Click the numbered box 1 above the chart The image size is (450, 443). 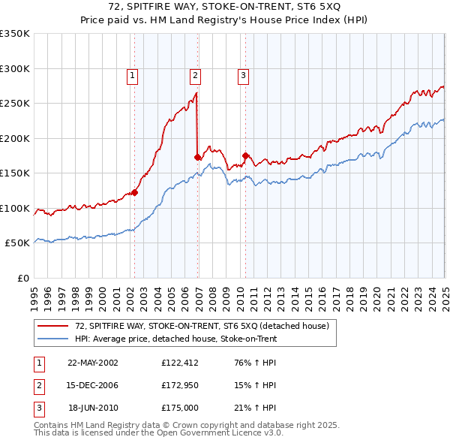click(x=132, y=74)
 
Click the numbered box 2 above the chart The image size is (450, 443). click(x=194, y=74)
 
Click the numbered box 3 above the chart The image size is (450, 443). click(x=244, y=74)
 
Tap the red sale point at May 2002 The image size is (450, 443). click(x=135, y=192)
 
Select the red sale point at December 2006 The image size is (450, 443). click(x=198, y=157)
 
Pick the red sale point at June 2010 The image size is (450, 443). click(x=245, y=155)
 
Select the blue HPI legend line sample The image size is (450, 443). click(x=53, y=339)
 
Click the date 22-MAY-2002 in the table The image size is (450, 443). click(x=93, y=363)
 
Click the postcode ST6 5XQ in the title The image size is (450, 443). click(x=313, y=7)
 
